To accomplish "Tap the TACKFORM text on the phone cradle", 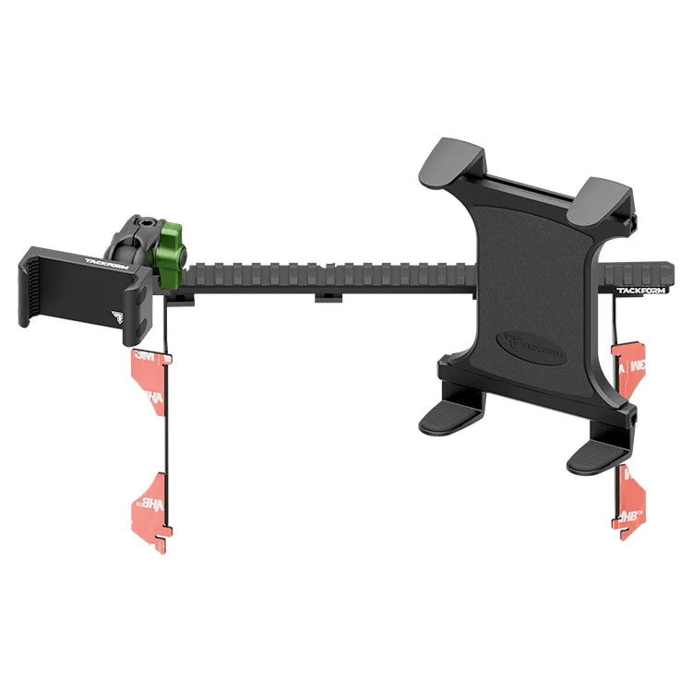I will pos(103,261).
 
